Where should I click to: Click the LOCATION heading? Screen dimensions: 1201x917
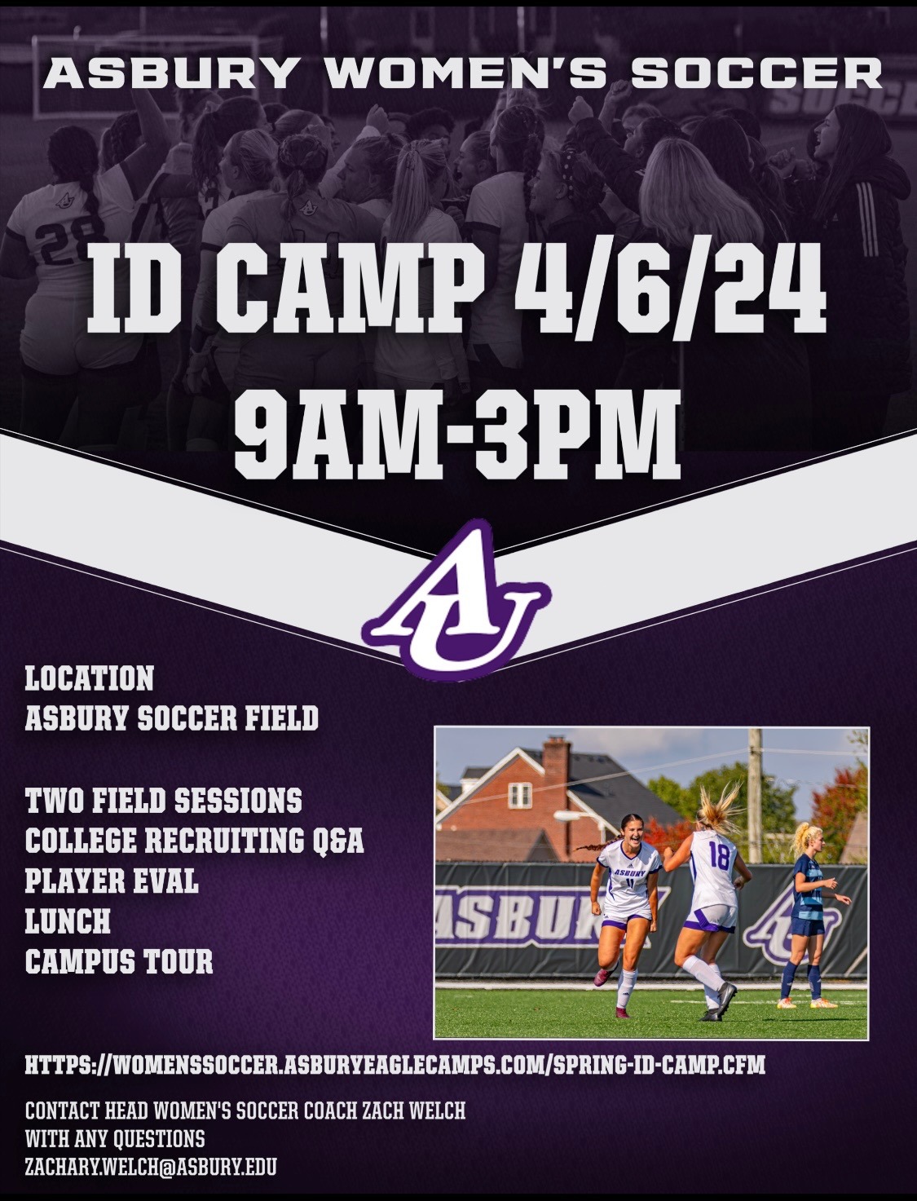coord(90,678)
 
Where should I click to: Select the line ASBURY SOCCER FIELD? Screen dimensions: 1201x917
coord(171,718)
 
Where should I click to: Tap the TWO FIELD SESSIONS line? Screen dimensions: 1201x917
coord(163,800)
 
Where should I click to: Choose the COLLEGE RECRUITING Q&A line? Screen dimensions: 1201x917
coord(194,841)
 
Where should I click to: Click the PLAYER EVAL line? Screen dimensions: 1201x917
coord(112,881)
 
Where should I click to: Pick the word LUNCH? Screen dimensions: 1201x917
coord(68,921)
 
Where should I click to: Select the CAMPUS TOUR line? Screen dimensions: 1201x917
coord(119,962)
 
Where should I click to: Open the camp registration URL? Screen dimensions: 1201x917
coord(395,1065)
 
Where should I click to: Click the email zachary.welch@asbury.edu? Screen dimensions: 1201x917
coord(151,1167)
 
